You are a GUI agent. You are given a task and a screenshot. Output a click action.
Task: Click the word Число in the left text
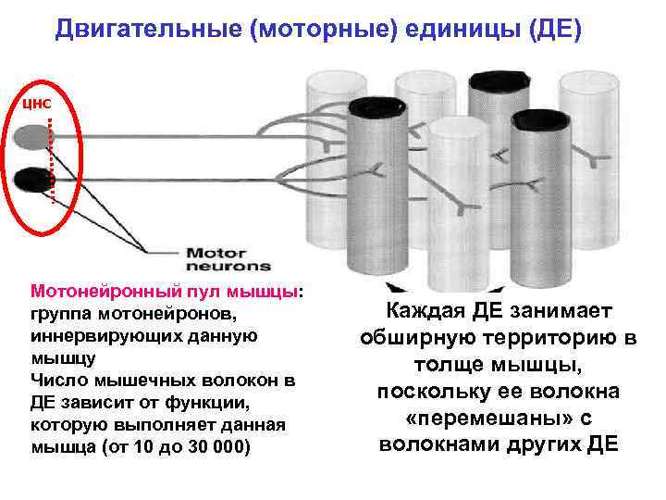56,381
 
